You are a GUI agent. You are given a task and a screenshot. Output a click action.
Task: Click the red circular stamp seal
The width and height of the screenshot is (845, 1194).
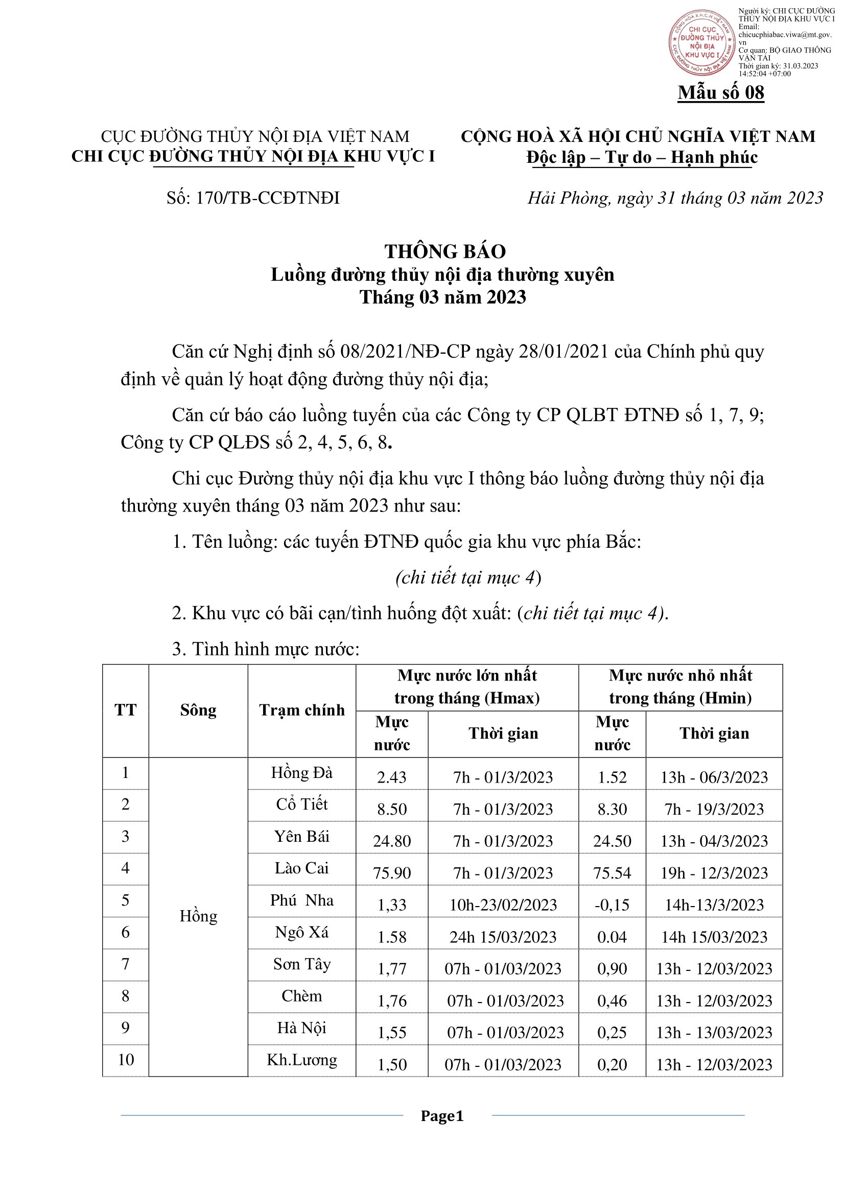[x=702, y=43]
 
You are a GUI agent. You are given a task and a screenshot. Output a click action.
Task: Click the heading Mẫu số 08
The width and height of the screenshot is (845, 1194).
[x=721, y=92]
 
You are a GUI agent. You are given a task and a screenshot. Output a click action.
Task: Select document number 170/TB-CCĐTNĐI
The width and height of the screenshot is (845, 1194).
[x=253, y=198]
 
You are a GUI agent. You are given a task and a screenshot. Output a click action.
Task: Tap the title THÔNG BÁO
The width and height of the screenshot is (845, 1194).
[x=445, y=252]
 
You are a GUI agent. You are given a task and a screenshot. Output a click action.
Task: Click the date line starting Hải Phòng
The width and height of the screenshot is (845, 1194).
[x=675, y=198]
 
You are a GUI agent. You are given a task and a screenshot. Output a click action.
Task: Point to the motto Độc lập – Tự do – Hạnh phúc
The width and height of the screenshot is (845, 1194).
[x=642, y=157]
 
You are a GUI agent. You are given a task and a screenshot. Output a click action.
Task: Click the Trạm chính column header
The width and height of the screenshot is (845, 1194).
[x=302, y=711]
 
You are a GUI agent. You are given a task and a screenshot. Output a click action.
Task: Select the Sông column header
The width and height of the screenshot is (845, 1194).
[x=198, y=711]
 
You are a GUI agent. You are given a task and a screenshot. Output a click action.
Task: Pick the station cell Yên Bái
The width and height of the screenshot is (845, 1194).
[x=302, y=837]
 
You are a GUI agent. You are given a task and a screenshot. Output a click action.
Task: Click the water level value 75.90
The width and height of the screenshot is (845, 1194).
[x=392, y=873]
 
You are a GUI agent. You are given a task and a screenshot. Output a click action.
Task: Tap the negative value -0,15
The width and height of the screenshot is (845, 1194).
[x=612, y=905]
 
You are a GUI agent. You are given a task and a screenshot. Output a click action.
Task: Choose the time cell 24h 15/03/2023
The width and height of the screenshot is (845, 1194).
[x=503, y=937]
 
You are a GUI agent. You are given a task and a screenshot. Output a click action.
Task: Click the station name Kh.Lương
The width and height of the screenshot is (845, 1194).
[x=302, y=1060]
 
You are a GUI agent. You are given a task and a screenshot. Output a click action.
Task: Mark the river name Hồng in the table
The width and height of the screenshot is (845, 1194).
[x=198, y=916]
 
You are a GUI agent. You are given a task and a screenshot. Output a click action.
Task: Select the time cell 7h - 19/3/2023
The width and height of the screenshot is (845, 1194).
[x=714, y=810]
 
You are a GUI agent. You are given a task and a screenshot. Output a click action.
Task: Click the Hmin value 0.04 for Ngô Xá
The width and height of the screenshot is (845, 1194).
[x=612, y=937]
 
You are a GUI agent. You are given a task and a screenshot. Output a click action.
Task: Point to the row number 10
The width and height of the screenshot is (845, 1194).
[x=125, y=1060]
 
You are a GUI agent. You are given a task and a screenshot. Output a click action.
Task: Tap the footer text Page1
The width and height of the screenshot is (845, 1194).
[x=442, y=1116]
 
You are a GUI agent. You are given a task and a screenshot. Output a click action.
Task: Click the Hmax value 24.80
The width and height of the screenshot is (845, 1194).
[x=392, y=841]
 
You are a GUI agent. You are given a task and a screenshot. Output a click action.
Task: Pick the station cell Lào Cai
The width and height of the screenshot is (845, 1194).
[x=302, y=868]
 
